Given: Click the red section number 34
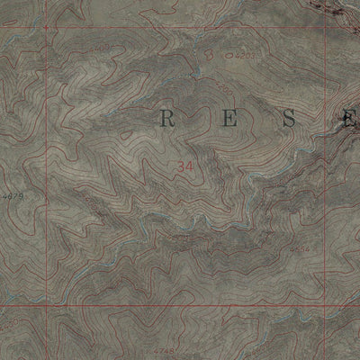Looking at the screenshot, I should pos(186,166).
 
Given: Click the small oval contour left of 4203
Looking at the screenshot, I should pos(229,56).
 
